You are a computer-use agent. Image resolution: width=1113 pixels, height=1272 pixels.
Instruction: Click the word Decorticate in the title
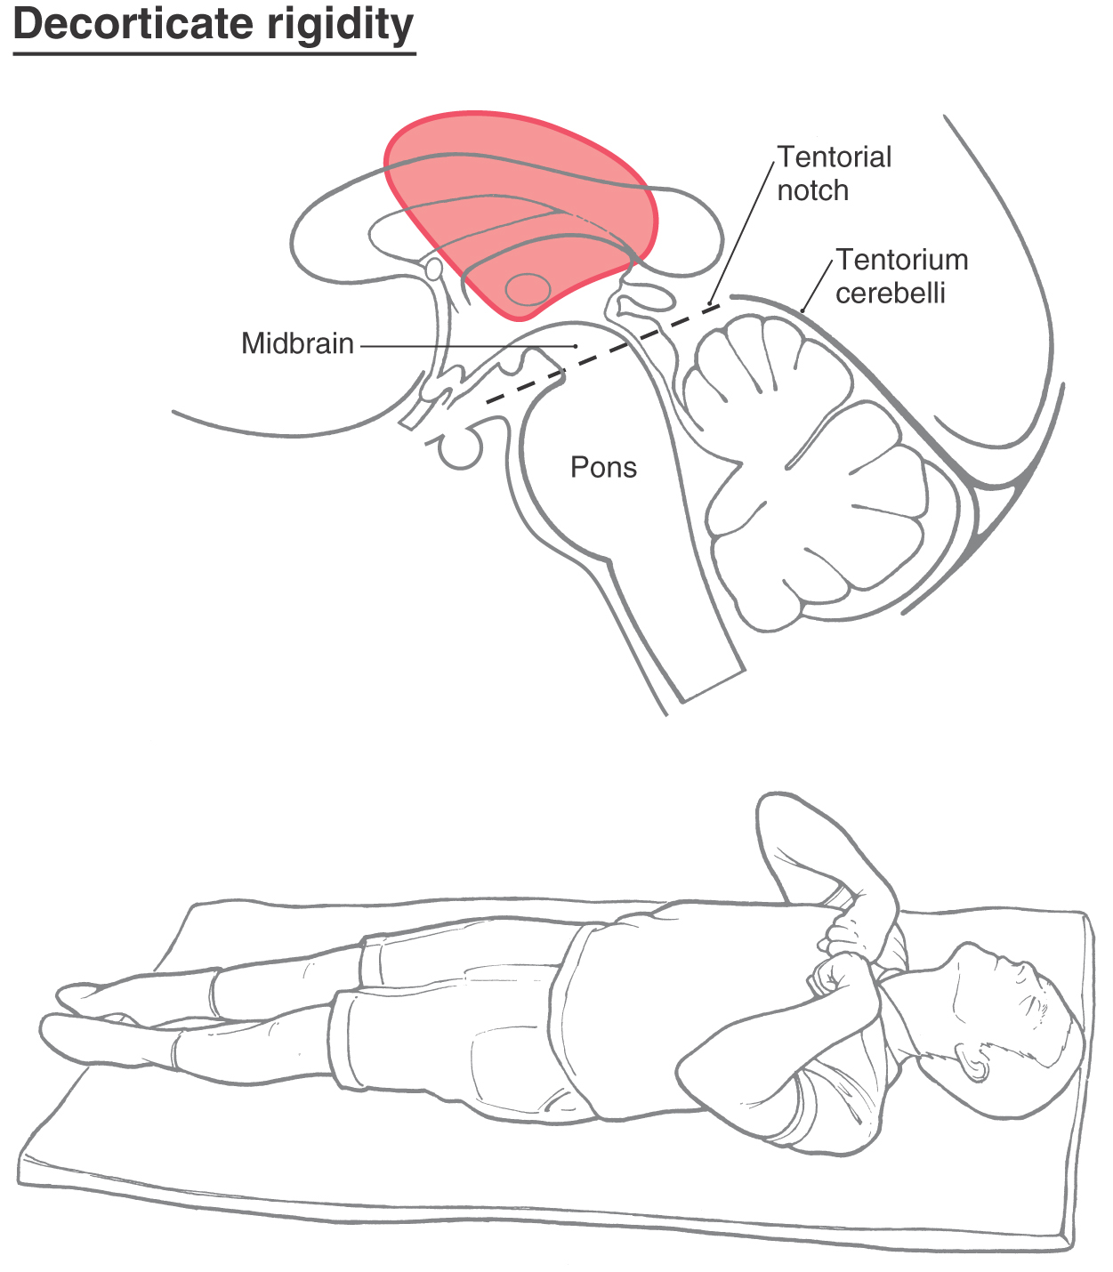[x=133, y=24]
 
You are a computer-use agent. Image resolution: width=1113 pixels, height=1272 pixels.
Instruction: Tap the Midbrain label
[x=297, y=343]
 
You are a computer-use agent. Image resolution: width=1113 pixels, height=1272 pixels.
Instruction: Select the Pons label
[x=604, y=468]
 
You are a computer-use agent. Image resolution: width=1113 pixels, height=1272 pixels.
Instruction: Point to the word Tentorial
[x=835, y=157]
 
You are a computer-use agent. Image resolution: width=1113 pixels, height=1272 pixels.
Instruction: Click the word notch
[x=812, y=190]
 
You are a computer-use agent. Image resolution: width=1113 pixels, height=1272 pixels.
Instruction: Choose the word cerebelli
[x=891, y=293]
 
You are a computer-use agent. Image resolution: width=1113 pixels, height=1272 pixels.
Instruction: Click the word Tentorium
[x=901, y=260]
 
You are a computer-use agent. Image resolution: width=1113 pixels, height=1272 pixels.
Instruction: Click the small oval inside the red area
[x=528, y=289]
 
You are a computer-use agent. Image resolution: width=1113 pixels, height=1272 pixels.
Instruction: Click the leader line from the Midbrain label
[x=469, y=346]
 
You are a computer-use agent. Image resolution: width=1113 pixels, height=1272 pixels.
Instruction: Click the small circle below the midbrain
[x=460, y=450]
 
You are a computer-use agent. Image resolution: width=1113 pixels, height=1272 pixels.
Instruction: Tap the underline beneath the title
[x=214, y=54]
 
